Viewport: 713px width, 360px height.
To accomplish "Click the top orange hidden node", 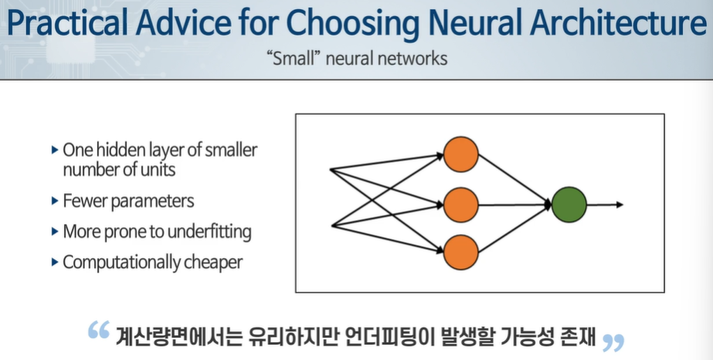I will point(461,154).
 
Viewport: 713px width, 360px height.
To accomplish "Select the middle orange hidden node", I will point(461,205).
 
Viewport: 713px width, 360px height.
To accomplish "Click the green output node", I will point(569,205).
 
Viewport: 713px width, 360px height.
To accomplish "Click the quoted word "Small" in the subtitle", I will point(293,59).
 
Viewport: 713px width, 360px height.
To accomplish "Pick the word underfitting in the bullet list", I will point(209,231).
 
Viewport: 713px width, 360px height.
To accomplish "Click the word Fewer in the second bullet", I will point(83,201).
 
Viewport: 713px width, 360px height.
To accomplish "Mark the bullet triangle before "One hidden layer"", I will point(54,148).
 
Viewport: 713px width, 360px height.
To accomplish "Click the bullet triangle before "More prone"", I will point(54,231).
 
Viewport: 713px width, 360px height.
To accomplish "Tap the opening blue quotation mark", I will point(98,331).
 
